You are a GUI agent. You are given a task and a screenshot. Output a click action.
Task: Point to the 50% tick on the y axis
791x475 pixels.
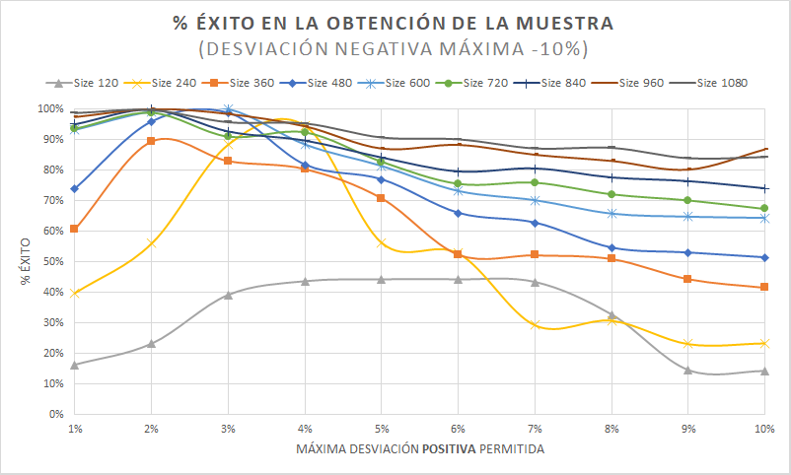point(50,261)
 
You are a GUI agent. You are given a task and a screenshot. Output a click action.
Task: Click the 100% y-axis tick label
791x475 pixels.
point(48,109)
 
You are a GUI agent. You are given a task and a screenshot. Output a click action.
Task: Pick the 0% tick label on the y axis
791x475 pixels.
point(53,414)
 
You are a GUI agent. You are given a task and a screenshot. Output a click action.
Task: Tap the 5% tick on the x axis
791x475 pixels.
point(382,430)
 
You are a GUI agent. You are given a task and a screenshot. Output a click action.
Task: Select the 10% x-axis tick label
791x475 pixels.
point(763,430)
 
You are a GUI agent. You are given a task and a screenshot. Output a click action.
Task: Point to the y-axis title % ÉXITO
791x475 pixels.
point(25,261)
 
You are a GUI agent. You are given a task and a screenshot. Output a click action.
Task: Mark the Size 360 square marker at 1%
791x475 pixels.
point(75,229)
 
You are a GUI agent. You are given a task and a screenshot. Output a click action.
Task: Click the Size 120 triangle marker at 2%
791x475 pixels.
point(151,343)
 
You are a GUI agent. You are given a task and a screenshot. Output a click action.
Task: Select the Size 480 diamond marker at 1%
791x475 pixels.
point(75,188)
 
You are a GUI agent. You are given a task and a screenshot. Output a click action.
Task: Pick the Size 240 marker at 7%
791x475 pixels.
point(535,325)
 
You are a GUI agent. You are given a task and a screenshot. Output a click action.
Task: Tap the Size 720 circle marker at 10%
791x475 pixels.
point(764,208)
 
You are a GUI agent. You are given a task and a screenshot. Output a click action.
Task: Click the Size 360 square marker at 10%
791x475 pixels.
point(764,287)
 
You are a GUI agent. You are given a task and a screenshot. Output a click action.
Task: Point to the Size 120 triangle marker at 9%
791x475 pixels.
point(687,371)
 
